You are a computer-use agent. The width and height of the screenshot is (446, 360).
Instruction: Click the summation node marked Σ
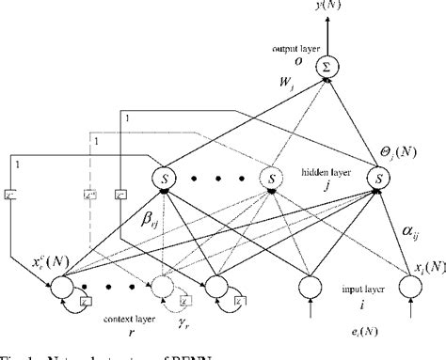pyautogui.click(x=327, y=67)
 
